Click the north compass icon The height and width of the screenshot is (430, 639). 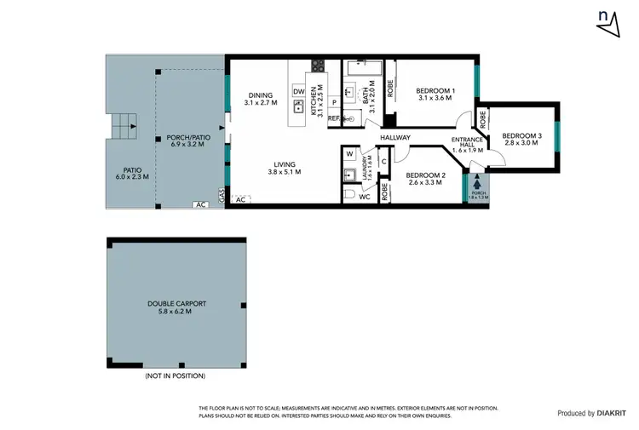point(607,22)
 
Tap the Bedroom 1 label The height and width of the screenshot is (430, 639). point(435,94)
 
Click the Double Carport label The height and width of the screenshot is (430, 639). point(176,307)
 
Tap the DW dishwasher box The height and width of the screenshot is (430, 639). point(298,91)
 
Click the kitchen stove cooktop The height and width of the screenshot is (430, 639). point(319,65)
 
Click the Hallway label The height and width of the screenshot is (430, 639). point(395,138)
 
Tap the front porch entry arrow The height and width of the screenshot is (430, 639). point(476,181)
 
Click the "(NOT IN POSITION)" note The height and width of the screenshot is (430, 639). point(175,376)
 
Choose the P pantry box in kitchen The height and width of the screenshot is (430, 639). point(335,103)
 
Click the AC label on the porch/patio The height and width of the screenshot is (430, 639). point(201,204)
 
